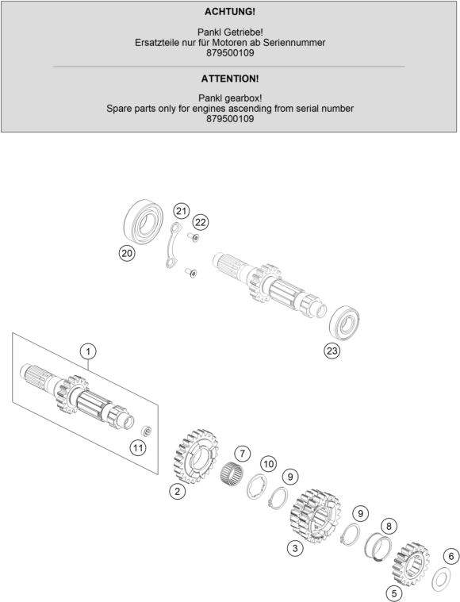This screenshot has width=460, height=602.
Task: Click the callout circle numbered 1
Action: [x=88, y=351]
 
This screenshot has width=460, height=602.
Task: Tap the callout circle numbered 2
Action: [x=178, y=491]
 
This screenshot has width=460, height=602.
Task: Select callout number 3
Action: [x=295, y=548]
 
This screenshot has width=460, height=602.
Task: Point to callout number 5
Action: [x=394, y=593]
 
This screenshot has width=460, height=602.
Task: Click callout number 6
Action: [x=451, y=556]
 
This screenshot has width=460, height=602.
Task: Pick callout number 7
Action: [x=242, y=454]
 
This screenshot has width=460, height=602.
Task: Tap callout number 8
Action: [x=389, y=526]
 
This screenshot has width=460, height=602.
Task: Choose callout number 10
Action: [x=268, y=464]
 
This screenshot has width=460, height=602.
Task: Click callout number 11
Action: [x=138, y=447]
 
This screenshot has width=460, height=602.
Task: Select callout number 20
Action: [x=127, y=253]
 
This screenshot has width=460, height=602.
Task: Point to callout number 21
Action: [x=182, y=211]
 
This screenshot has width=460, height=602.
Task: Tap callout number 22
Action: [x=201, y=222]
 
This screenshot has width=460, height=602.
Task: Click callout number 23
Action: [x=332, y=351]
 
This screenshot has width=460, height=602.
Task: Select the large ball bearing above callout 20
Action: [x=144, y=222]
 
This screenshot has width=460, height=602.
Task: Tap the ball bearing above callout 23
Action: [x=344, y=323]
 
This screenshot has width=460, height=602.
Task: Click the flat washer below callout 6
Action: [x=441, y=579]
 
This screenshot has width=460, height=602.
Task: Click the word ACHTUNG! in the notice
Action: [x=230, y=12]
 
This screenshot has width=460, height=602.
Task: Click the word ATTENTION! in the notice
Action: [x=230, y=79]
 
